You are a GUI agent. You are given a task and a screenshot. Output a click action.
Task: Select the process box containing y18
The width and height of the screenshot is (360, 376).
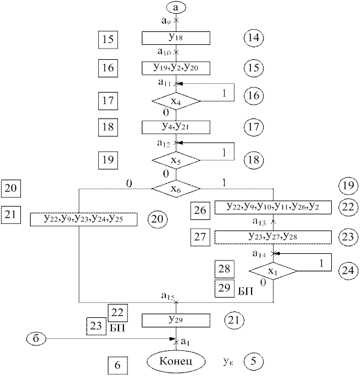[x=176, y=38]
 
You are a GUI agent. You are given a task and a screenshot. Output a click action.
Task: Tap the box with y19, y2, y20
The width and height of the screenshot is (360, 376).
[x=176, y=67]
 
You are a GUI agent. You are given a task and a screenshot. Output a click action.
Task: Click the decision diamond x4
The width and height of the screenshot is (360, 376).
[x=176, y=101]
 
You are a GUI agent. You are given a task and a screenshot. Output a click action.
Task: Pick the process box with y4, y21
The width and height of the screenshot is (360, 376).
[x=176, y=127]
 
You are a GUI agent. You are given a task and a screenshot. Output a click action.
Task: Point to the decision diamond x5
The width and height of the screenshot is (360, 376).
[x=176, y=160]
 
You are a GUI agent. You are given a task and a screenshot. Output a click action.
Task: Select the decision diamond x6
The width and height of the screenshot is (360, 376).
[x=176, y=189]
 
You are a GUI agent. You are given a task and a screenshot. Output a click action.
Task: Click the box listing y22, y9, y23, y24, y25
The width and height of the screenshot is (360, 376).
[x=84, y=219]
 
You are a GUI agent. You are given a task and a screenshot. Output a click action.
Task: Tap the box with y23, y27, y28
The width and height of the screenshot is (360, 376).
[x=273, y=236]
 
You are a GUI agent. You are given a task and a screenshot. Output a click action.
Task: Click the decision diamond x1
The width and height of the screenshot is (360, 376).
[x=273, y=271]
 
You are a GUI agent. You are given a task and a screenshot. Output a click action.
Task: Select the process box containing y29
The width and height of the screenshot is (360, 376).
[x=176, y=320]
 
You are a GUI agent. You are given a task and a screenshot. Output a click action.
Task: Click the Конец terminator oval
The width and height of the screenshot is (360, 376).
[x=176, y=362]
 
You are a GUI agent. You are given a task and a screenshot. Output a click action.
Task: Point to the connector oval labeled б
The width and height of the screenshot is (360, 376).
[x=37, y=339]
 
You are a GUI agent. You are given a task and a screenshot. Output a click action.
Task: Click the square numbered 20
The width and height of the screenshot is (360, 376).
[x=11, y=189]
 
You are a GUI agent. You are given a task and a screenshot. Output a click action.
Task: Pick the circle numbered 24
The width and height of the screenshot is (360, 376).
[x=346, y=270]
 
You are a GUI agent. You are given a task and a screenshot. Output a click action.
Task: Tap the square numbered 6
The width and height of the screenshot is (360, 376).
[x=117, y=363]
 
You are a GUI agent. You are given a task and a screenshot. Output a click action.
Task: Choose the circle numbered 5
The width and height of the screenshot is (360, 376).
[x=254, y=362]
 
